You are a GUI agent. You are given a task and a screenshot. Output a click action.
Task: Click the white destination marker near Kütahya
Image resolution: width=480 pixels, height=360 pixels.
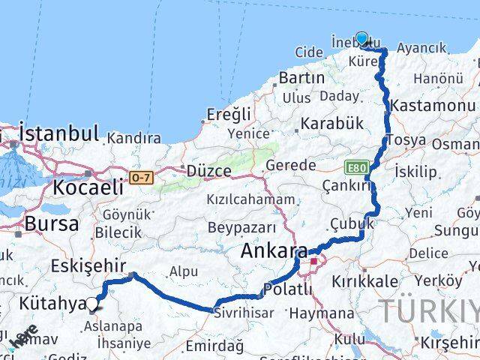point(92,304)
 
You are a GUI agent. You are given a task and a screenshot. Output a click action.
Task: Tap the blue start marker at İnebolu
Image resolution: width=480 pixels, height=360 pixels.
point(362,39)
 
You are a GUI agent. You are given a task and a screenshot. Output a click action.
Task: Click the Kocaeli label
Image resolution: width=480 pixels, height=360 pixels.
point(83,187)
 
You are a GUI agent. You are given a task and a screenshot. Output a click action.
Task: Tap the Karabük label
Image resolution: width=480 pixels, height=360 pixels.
point(331,123)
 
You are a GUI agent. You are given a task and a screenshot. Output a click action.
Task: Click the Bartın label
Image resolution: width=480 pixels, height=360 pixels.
point(301,77)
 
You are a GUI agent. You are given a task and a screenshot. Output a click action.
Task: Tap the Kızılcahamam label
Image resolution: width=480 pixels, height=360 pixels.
point(253,199)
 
